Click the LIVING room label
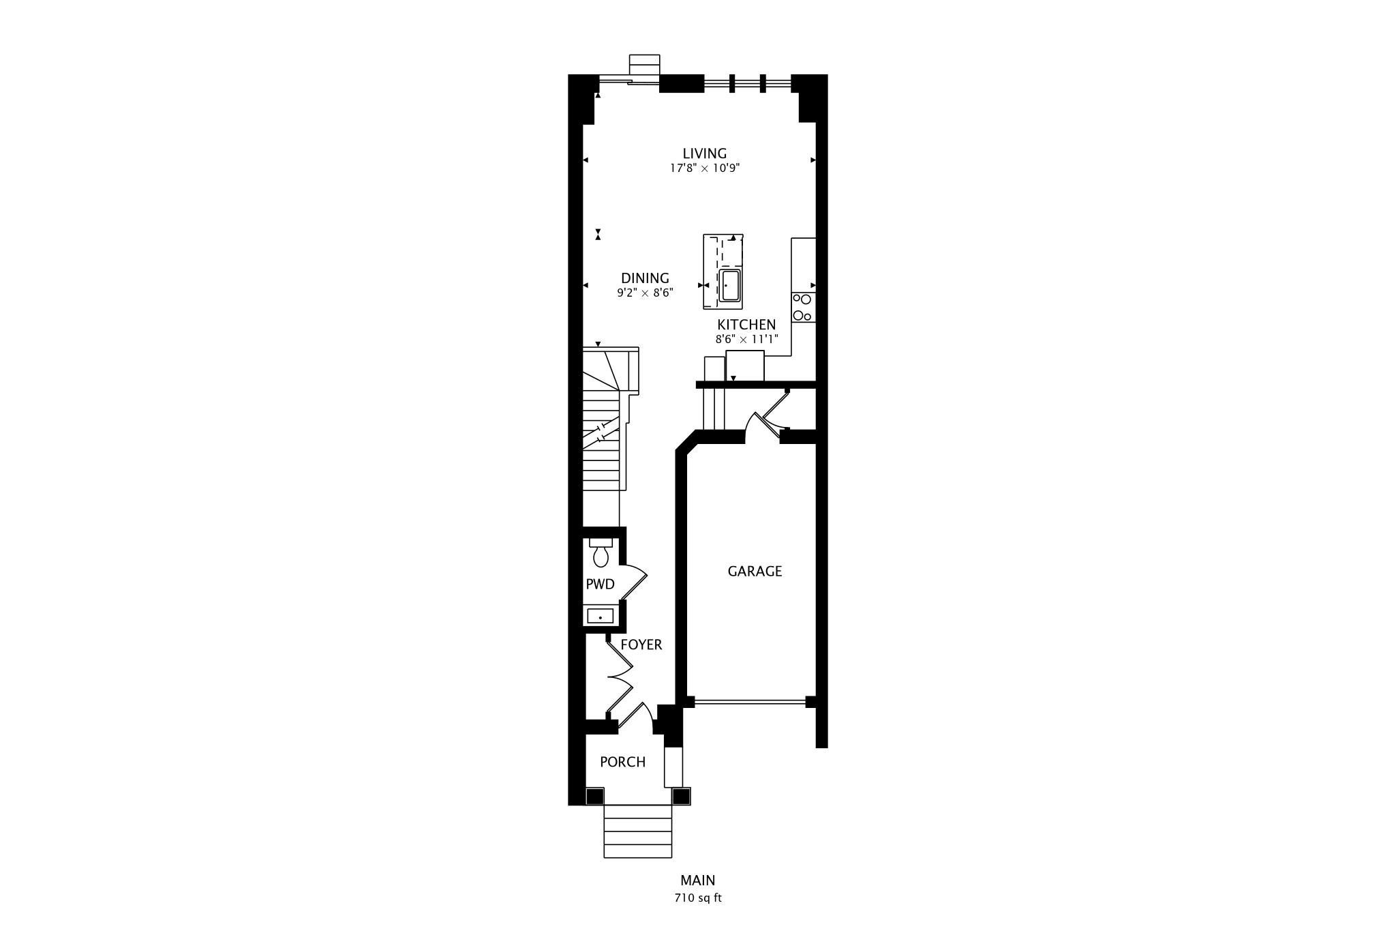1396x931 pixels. pyautogui.click(x=705, y=153)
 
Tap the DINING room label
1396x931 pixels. pyautogui.click(x=645, y=278)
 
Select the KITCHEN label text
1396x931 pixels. pyautogui.click(x=746, y=325)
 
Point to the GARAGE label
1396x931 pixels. pyautogui.click(x=755, y=572)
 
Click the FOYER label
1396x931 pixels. pyautogui.click(x=641, y=645)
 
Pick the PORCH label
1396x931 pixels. pyautogui.click(x=622, y=762)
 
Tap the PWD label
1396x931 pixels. pyautogui.click(x=601, y=585)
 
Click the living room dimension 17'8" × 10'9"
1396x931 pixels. pyautogui.click(x=705, y=168)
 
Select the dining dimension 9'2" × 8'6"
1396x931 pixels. pyautogui.click(x=645, y=293)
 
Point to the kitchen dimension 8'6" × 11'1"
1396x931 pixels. pyautogui.click(x=746, y=338)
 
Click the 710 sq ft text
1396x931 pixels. pyautogui.click(x=698, y=898)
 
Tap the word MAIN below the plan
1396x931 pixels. pyautogui.click(x=698, y=881)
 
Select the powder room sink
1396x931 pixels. pyautogui.click(x=600, y=617)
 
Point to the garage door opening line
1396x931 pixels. pyautogui.click(x=750, y=701)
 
